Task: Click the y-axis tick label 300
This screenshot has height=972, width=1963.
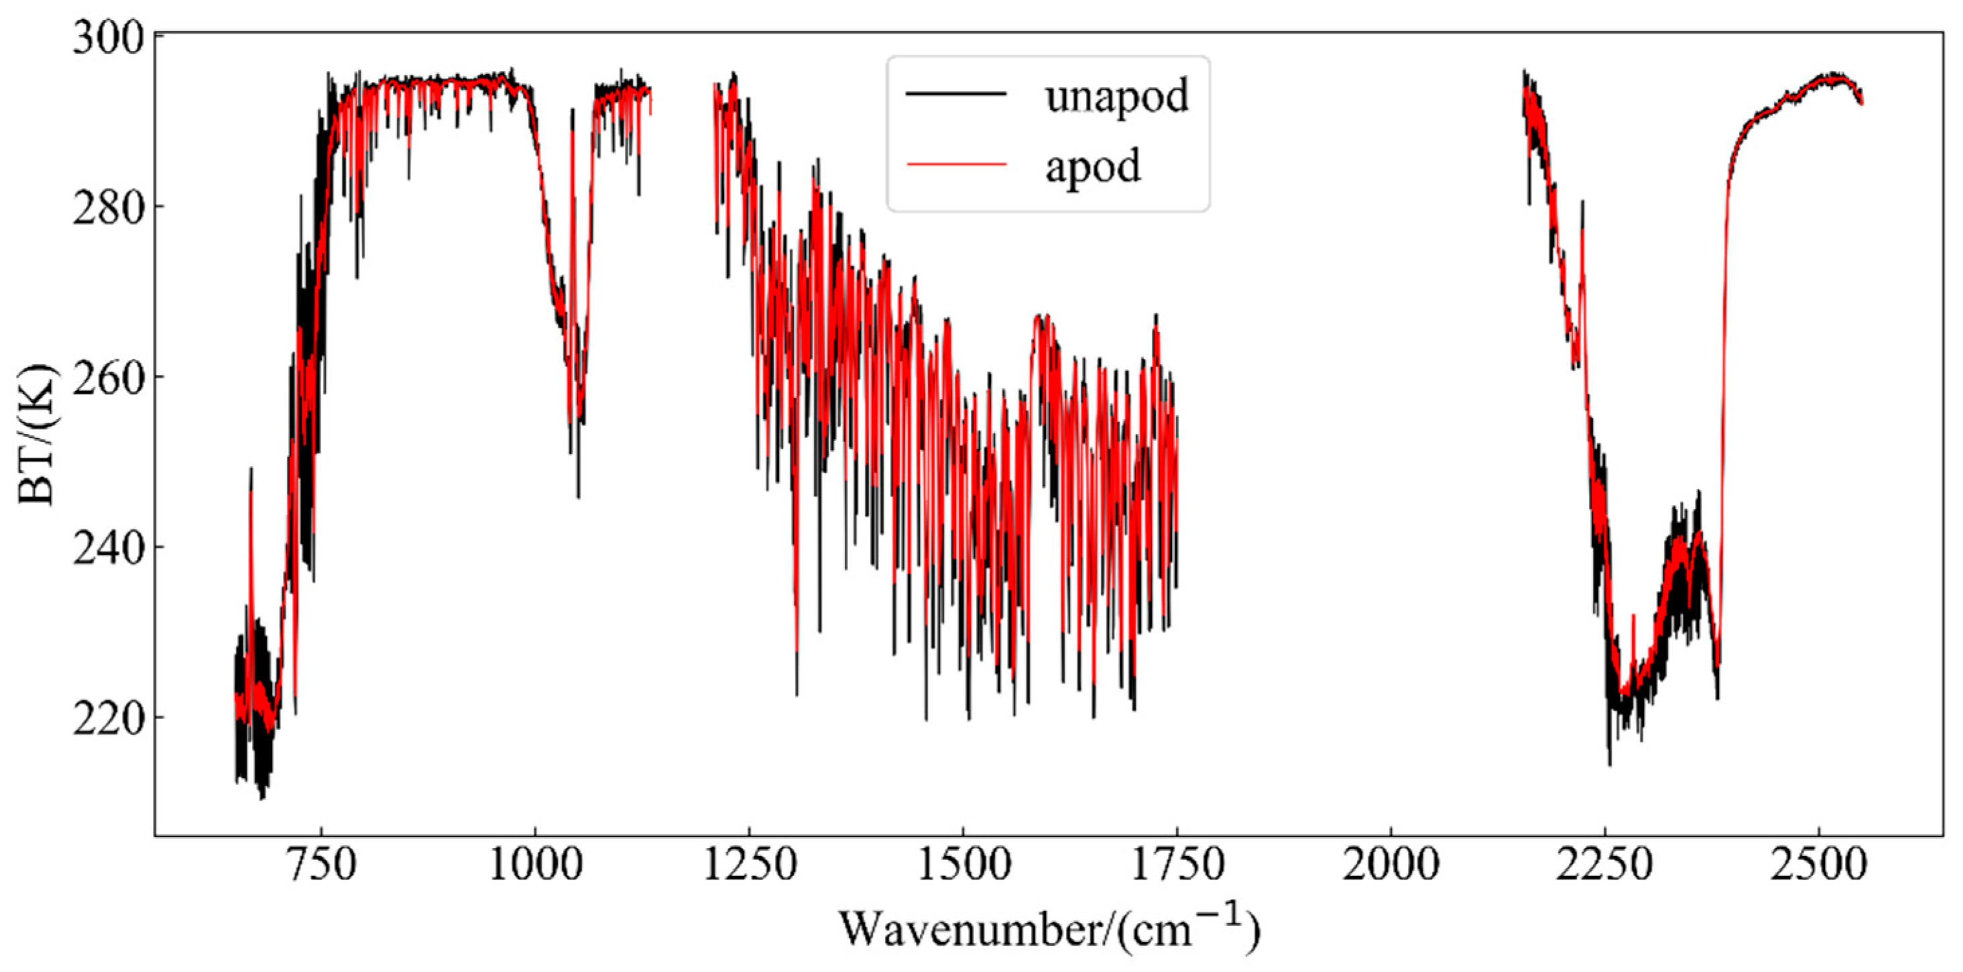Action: [109, 38]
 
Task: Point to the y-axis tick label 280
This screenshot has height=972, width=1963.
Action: [109, 207]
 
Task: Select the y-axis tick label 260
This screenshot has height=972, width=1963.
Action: [109, 378]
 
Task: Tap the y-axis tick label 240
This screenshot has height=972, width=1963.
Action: [109, 549]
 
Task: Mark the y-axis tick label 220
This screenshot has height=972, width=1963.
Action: [109, 719]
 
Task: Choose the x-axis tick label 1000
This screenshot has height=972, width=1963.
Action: [536, 865]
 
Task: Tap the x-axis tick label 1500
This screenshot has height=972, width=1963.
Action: [964, 865]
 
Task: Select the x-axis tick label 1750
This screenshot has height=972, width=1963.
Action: [1177, 865]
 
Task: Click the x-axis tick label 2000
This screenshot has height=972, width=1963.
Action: [1392, 865]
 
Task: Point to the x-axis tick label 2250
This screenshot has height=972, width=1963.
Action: [1605, 865]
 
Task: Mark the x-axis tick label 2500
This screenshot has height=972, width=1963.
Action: [1819, 865]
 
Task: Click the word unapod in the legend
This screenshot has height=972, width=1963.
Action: [1116, 97]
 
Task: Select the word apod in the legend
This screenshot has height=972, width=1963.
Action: [1093, 166]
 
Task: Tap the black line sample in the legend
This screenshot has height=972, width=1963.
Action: [955, 94]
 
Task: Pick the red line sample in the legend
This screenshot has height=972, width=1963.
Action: [955, 163]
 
